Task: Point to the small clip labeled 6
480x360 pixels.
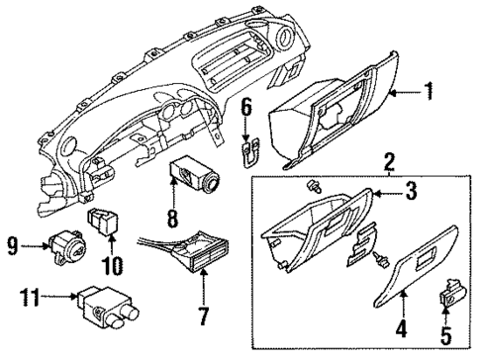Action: tap(248, 150)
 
